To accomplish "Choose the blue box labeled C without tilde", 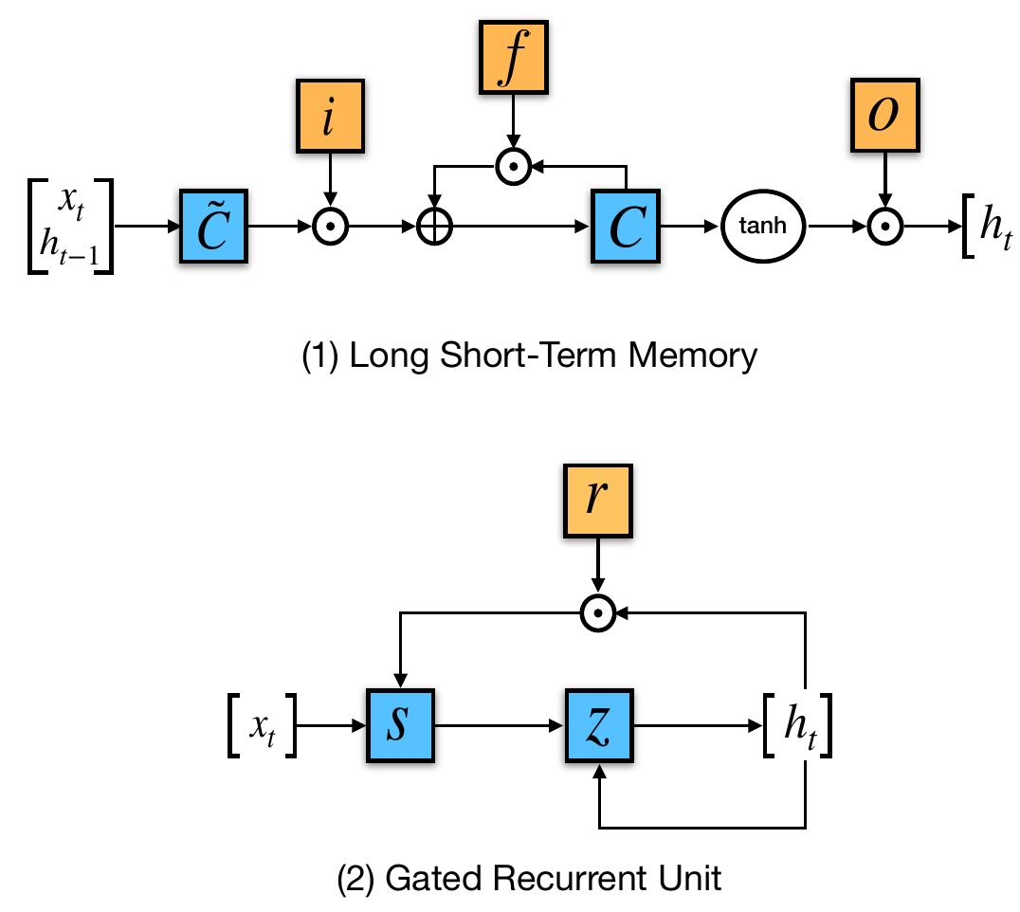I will [x=625, y=228].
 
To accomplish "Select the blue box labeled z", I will [x=599, y=728].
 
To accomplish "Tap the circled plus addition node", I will [x=434, y=228].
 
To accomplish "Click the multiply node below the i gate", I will [x=329, y=228].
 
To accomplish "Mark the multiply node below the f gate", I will [x=512, y=167].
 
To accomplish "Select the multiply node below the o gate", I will [x=884, y=228].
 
